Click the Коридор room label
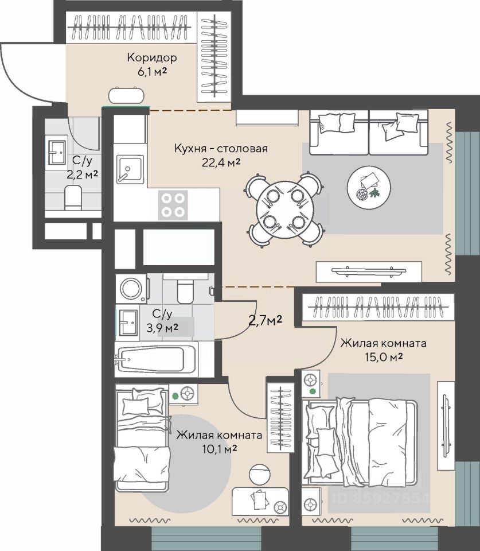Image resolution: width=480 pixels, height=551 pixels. click(x=152, y=57)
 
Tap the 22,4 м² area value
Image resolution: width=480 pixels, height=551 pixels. click(x=221, y=162)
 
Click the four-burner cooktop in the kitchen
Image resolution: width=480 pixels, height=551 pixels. click(x=173, y=205)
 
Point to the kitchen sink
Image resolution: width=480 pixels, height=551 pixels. click(x=130, y=169)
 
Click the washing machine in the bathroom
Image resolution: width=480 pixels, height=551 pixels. click(x=132, y=289)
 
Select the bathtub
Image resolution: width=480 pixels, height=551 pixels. click(x=156, y=359)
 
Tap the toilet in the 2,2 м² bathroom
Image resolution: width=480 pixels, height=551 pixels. click(x=73, y=198)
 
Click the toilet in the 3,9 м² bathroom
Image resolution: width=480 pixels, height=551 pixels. click(x=185, y=289)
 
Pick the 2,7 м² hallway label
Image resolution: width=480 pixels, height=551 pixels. click(x=265, y=320)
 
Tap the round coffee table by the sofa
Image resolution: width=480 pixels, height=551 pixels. click(x=369, y=188)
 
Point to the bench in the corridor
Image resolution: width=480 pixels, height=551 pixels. click(x=126, y=95)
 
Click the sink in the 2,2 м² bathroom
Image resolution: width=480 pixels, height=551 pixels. click(x=57, y=153)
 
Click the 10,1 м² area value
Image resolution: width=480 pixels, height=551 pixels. click(x=220, y=449)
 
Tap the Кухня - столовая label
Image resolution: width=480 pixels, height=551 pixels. click(x=221, y=148)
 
